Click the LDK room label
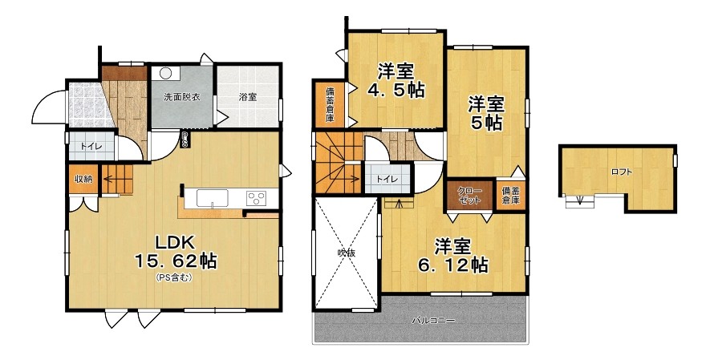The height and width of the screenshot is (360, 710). point(175,242)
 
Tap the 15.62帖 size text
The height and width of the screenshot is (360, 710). point(175,261)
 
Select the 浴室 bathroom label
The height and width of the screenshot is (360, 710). point(248,97)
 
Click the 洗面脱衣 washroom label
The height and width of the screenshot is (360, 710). point(181,97)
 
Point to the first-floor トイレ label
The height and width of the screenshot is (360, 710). point(91,146)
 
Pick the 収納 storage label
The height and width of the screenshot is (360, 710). point(83,179)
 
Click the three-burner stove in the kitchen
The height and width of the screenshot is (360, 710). point(256,198)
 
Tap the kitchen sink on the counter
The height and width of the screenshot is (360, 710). point(213,198)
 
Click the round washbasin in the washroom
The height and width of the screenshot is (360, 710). point(165,74)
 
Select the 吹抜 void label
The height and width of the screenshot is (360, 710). point(346,253)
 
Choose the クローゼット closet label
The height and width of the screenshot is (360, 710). point(469,196)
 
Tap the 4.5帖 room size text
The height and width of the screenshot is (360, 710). point(396,90)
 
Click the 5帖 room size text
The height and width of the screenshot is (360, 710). point(486,122)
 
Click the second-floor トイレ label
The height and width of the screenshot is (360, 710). point(387,179)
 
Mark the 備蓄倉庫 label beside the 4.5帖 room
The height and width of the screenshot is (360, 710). point(330,104)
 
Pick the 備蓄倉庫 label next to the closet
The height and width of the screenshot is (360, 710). point(510,196)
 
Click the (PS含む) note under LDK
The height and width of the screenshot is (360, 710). point(174,277)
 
